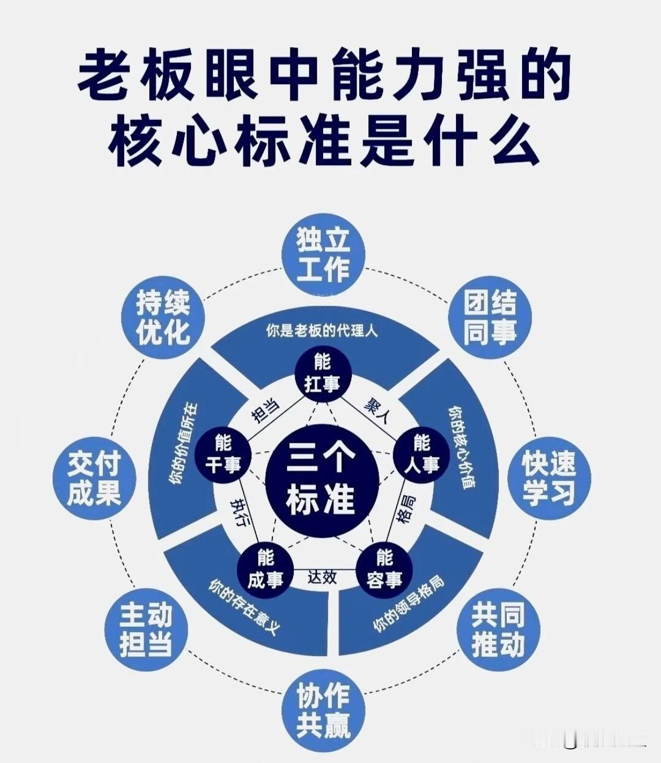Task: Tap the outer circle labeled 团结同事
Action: click(x=490, y=317)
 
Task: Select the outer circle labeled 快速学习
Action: click(x=548, y=478)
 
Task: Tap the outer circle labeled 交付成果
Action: click(x=94, y=478)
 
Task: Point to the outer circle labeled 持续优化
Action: click(x=163, y=317)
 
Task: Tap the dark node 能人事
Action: click(x=421, y=454)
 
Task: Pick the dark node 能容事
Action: click(x=384, y=569)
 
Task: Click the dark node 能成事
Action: click(x=264, y=569)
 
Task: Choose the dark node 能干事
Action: click(x=223, y=454)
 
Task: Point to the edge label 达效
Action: click(x=323, y=576)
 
